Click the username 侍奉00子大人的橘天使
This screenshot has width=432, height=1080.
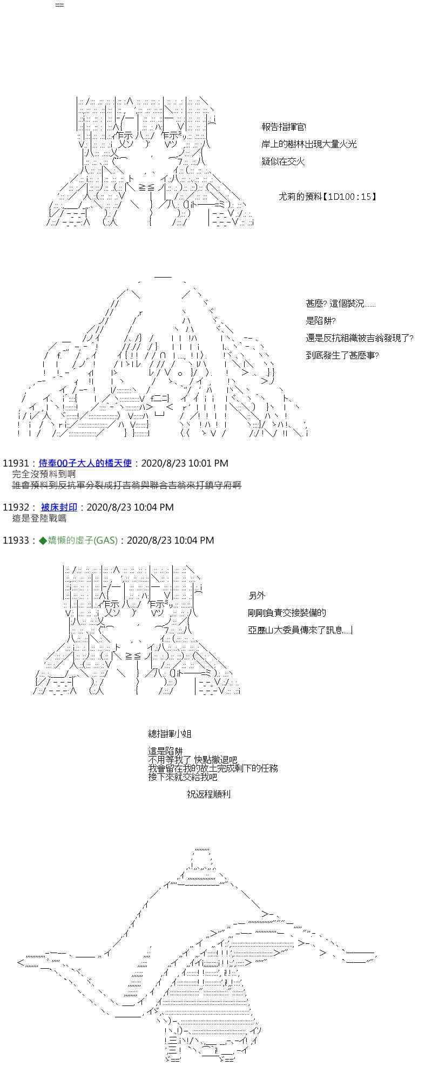85,463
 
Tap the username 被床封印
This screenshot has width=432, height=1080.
59,507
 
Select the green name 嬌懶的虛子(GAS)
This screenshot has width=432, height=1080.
78,540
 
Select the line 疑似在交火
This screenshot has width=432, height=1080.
283,161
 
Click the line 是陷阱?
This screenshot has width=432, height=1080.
321,321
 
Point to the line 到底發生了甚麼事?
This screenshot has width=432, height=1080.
342,355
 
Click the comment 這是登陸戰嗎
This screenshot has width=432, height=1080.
39,518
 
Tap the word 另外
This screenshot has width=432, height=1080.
256,596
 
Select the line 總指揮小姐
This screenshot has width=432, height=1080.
170,734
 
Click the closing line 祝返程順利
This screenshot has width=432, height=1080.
208,794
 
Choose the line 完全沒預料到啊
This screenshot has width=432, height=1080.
44,474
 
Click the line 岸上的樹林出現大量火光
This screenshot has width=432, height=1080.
309,144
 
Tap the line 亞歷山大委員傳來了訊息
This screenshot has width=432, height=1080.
300,630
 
